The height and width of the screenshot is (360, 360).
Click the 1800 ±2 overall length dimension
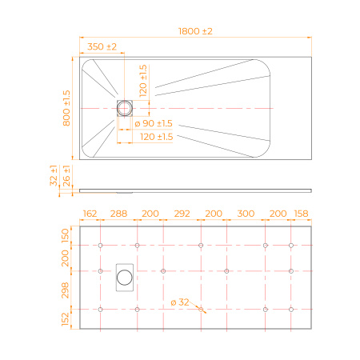196,31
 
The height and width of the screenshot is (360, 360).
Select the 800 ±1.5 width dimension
68,106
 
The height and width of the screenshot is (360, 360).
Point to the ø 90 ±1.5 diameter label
153,122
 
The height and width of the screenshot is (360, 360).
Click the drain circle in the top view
126,106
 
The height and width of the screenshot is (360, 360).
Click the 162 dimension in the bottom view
90,214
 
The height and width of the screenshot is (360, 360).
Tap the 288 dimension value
118,214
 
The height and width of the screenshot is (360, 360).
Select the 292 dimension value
182,214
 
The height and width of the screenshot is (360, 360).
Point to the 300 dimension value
246,214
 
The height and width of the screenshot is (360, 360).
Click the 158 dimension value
301,214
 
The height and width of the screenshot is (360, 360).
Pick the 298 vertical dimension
68,290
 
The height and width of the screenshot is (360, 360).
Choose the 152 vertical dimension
68,319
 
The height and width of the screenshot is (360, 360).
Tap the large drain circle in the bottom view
126,277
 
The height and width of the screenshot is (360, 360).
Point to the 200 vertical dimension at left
68,258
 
